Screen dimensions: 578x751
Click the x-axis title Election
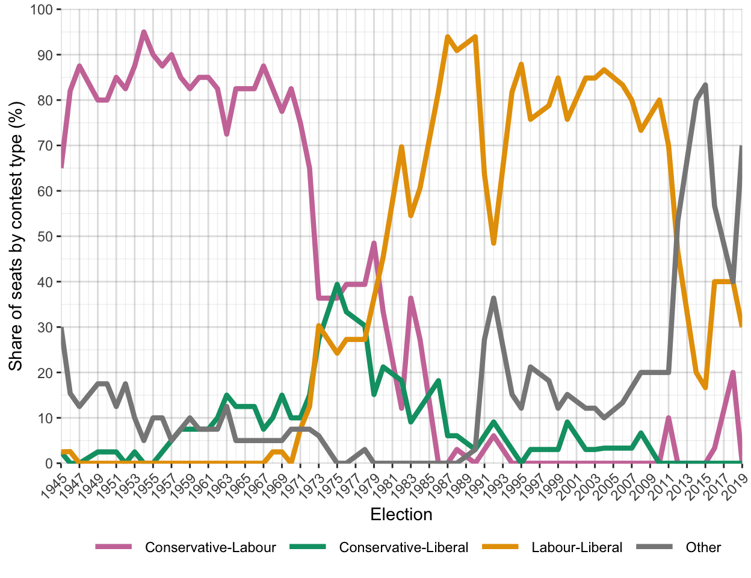[x=401, y=515]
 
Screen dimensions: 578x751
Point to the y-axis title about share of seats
[x=16, y=237]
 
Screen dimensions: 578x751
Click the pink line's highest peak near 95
[x=144, y=32]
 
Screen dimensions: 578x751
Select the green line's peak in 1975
[x=337, y=284]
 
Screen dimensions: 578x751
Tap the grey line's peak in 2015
[x=705, y=85]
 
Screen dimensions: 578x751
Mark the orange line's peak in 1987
[x=448, y=37]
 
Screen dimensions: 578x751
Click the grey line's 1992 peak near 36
[x=493, y=298]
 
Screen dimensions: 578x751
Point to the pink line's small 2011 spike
[x=669, y=418]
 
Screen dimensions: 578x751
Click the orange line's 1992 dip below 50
[x=493, y=243]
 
